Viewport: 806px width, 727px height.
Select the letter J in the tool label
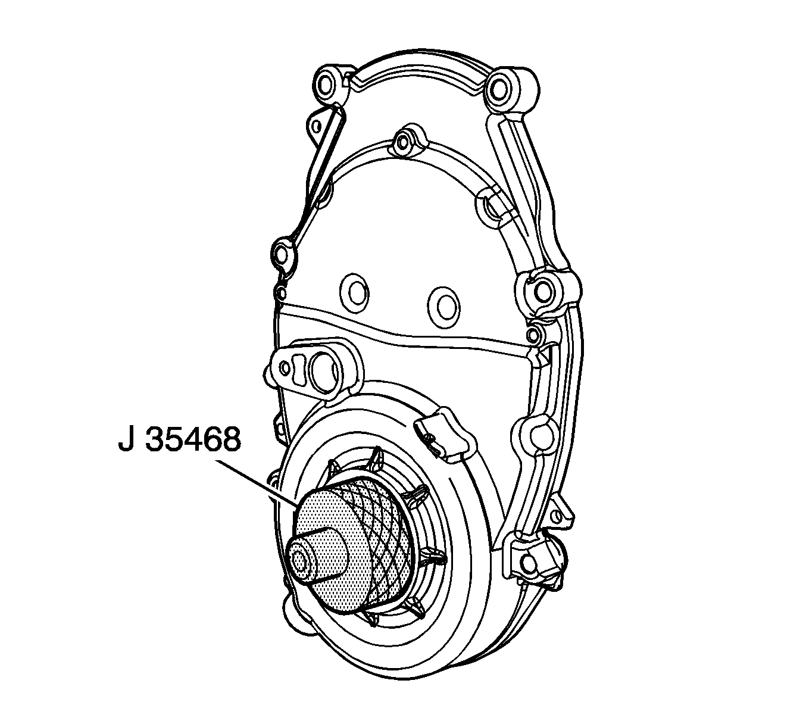[126, 441]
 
